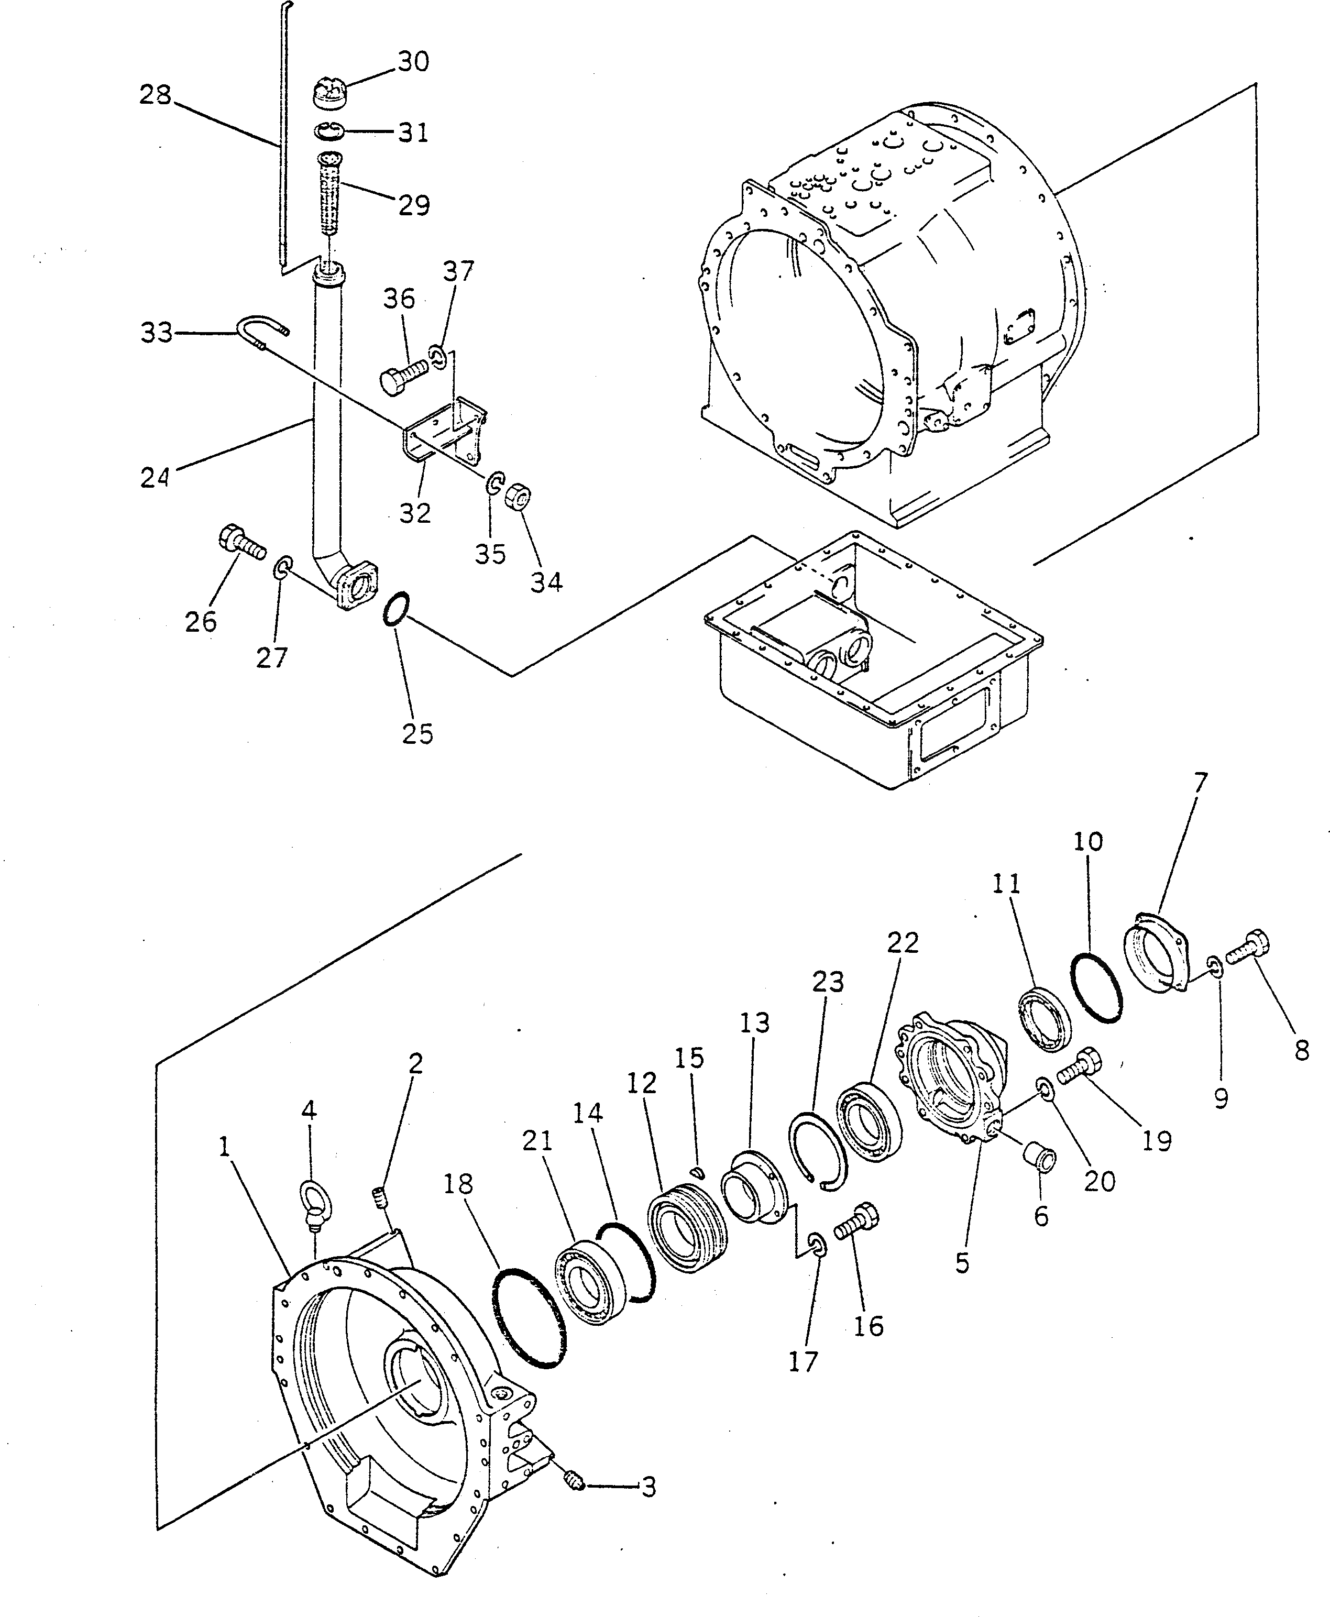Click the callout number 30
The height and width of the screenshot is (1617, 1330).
[413, 61]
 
